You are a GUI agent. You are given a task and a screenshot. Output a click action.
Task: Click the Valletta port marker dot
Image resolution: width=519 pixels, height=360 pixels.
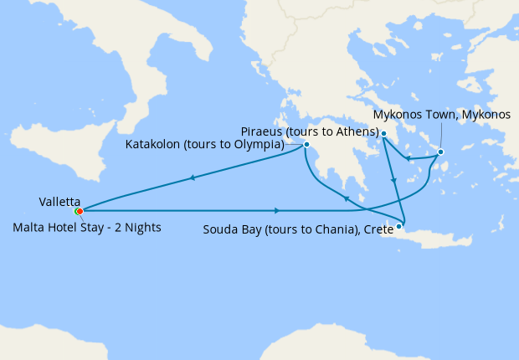coord(79,212)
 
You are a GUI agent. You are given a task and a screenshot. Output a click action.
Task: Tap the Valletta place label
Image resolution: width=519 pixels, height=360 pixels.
coord(59,202)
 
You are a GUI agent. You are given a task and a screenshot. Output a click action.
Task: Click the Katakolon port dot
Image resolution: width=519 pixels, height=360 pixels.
coord(306,145)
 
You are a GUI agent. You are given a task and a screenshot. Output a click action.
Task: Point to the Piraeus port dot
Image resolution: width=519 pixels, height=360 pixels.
coord(383,134)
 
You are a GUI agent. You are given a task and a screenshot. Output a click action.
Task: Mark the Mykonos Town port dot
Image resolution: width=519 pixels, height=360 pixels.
coord(440,152)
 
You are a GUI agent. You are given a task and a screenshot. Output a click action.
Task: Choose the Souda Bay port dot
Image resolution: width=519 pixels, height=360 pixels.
coord(399,225)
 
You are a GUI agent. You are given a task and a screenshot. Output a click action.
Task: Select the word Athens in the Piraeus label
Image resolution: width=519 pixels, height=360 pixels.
coord(354,132)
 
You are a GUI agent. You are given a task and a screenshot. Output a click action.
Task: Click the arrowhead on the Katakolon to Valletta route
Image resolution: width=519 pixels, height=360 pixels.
coord(193,177)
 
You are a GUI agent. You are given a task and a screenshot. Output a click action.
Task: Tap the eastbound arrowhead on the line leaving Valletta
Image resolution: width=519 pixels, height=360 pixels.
coord(277,210)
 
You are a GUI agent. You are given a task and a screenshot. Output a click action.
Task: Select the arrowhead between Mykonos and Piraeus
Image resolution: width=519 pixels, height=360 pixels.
coord(406,157)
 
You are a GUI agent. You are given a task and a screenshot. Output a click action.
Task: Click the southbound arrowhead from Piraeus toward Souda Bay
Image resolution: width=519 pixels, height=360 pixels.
coord(393,181)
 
